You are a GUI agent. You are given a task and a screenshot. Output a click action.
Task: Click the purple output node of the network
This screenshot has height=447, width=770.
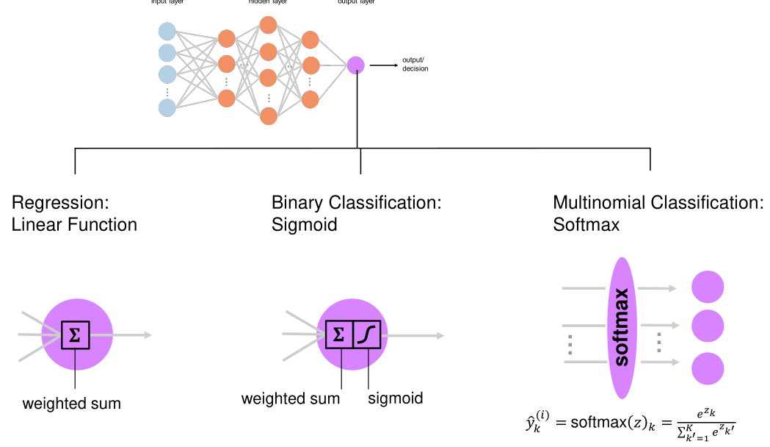[356, 65]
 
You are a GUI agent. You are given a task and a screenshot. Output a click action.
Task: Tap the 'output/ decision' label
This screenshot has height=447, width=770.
[415, 65]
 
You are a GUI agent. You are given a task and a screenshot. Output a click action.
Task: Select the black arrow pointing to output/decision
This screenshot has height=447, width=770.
[383, 65]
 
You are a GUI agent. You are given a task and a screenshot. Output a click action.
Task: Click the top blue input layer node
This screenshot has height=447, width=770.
[167, 32]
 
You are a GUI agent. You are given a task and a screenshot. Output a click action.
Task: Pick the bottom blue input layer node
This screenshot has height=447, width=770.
[167, 107]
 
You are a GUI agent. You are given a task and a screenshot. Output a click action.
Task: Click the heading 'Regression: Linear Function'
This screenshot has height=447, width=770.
[74, 213]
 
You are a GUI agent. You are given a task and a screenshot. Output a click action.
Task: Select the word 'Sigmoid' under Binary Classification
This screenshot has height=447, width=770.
[304, 224]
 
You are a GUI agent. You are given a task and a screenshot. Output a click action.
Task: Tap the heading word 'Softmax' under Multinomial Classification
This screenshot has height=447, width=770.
[586, 224]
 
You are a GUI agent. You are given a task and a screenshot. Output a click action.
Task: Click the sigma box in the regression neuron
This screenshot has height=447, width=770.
[75, 335]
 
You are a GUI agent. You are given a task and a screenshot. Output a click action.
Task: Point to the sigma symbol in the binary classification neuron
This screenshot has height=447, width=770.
[338, 335]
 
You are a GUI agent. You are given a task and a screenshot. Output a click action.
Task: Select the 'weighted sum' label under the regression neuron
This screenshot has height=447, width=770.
[71, 404]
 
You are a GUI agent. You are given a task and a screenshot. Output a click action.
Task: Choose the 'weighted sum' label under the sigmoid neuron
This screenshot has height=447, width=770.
[291, 398]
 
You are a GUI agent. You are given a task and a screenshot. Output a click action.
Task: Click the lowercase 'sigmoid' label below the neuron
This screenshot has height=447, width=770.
[395, 398]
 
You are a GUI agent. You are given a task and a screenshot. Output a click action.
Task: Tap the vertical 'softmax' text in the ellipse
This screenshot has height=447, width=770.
[622, 327]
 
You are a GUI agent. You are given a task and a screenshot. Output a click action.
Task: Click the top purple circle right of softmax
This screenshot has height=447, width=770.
[708, 286]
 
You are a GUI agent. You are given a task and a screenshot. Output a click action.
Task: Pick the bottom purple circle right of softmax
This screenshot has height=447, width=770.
[708, 368]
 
